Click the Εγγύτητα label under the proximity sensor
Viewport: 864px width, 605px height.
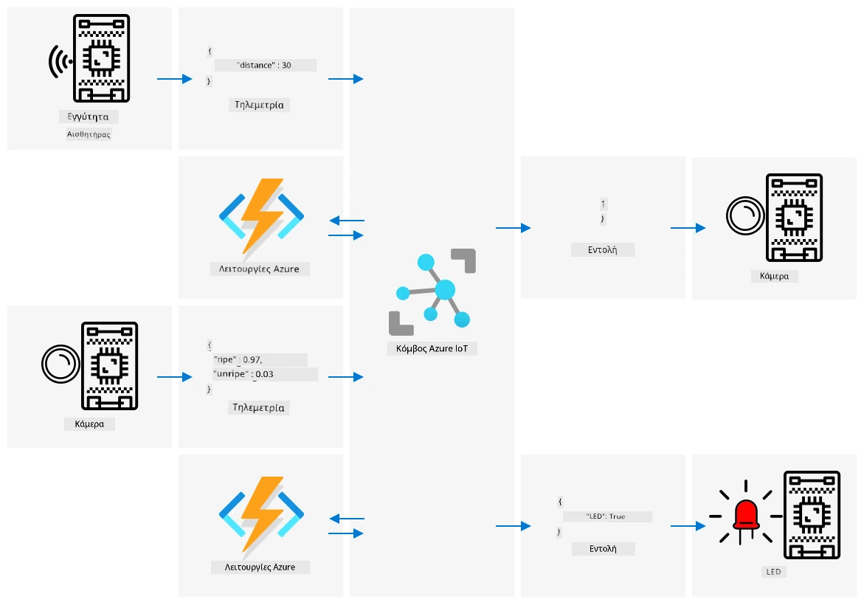pyautogui.click(x=88, y=117)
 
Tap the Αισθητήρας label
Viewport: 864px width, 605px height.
pyautogui.click(x=89, y=134)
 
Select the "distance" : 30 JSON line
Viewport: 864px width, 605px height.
pyautogui.click(x=264, y=65)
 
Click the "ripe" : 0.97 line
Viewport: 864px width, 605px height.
pyautogui.click(x=238, y=360)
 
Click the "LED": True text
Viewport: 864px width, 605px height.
pyautogui.click(x=606, y=516)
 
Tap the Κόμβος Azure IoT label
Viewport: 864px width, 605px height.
pyautogui.click(x=432, y=348)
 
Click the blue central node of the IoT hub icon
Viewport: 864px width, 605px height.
pyautogui.click(x=445, y=289)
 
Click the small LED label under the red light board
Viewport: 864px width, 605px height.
pyautogui.click(x=774, y=572)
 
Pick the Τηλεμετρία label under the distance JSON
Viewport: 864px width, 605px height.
pyautogui.click(x=259, y=105)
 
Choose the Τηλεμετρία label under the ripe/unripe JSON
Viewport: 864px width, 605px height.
pyautogui.click(x=258, y=408)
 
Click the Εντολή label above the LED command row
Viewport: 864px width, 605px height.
pyautogui.click(x=602, y=249)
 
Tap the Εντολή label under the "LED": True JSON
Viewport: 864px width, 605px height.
pyautogui.click(x=603, y=549)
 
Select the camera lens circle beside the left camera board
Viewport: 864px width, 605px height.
pyautogui.click(x=61, y=364)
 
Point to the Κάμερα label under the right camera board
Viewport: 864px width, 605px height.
pyautogui.click(x=774, y=276)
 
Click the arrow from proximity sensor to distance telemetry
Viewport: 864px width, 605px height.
pyautogui.click(x=175, y=79)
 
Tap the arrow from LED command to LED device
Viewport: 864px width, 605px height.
pyautogui.click(x=688, y=526)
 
